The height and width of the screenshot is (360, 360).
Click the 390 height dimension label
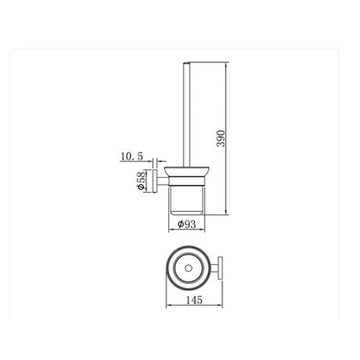tap(221, 138)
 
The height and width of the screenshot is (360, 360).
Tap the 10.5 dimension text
tap(132, 156)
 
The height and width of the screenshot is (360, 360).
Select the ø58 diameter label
tap(142, 181)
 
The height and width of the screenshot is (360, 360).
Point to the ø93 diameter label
tap(186, 224)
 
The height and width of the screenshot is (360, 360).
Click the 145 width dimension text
tap(194, 300)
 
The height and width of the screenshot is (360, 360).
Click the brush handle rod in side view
tap(186, 114)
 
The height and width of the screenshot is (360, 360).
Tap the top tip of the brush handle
tap(186, 63)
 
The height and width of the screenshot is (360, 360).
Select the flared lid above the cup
tap(186, 171)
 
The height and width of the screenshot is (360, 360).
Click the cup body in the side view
tap(186, 200)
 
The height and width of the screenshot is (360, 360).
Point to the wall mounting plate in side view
tap(155, 181)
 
